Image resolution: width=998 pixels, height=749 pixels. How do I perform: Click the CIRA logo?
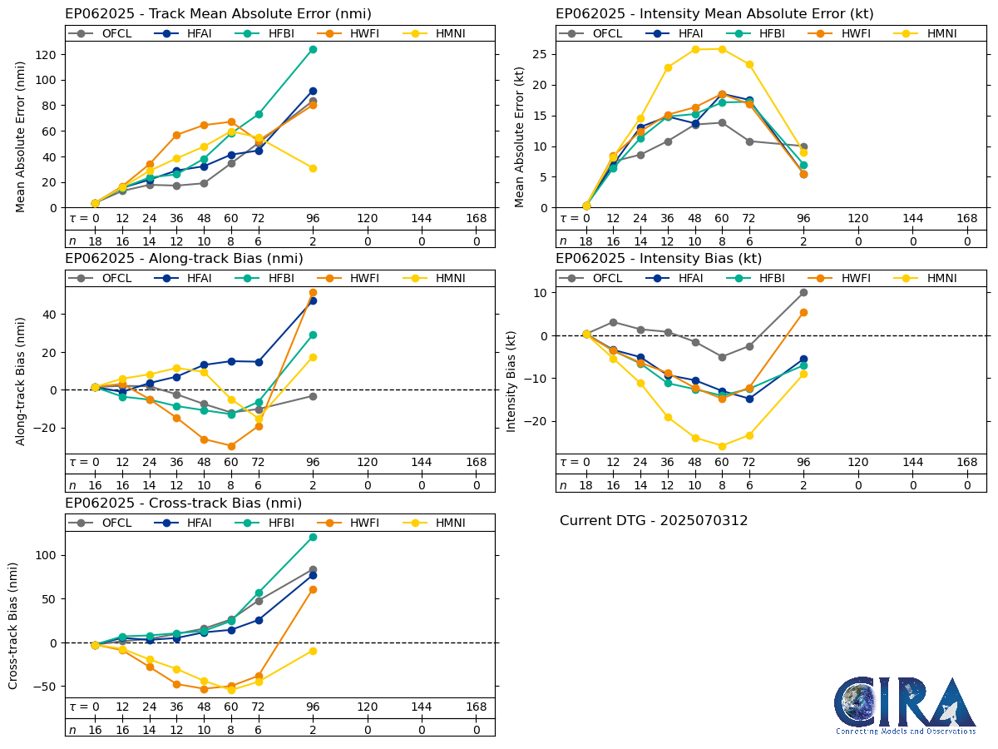click(x=906, y=705)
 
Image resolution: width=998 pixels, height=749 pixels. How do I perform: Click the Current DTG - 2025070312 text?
click(x=654, y=521)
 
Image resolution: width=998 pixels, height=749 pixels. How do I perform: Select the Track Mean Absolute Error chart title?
click(x=218, y=14)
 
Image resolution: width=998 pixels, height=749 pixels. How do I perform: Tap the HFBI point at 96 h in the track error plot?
click(x=313, y=49)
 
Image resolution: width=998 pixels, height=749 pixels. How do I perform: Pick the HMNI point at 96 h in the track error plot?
click(x=313, y=168)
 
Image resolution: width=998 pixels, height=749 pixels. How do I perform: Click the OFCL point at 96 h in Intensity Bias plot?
click(x=803, y=292)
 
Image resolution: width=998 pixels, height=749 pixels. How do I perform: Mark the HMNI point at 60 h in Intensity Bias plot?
click(x=722, y=446)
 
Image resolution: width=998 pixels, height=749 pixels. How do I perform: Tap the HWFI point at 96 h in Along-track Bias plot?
click(x=313, y=292)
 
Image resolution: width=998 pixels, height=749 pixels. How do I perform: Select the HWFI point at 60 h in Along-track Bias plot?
click(x=231, y=446)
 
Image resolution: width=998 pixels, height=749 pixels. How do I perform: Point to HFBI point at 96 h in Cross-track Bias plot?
click(x=313, y=537)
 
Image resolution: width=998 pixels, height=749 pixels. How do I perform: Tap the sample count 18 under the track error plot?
click(x=95, y=241)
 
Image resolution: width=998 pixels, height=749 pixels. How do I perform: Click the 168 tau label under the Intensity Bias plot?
click(x=966, y=463)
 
